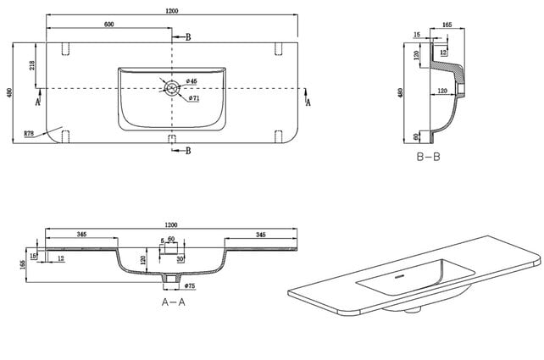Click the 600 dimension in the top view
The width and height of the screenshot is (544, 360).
108,24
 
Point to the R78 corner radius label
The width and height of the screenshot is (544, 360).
29,133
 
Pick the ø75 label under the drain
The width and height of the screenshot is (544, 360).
189,285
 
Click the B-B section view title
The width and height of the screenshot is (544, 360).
427,156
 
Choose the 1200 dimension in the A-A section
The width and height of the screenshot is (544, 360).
171,224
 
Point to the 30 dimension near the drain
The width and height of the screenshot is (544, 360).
180,258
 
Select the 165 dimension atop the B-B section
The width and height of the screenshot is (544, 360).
447,25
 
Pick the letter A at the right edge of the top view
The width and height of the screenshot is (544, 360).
308,102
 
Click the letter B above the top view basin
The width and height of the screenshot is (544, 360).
187,37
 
